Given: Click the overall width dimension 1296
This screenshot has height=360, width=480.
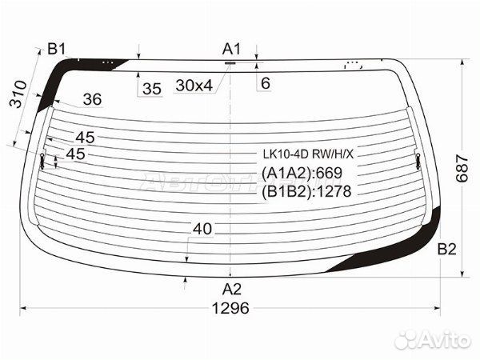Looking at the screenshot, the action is pyautogui.click(x=230, y=308).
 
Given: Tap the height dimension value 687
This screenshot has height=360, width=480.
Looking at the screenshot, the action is pyautogui.click(x=462, y=169).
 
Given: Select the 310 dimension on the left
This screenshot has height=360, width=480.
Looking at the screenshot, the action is pyautogui.click(x=18, y=94).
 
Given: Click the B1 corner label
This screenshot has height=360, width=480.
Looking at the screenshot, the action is pyautogui.click(x=57, y=49).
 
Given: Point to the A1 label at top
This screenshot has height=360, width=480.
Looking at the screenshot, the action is pyautogui.click(x=231, y=49).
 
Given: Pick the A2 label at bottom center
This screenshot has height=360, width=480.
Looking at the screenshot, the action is pyautogui.click(x=232, y=289).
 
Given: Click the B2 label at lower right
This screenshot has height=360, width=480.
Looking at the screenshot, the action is pyautogui.click(x=447, y=249).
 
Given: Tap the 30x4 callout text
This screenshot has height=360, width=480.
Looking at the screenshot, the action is pyautogui.click(x=194, y=86).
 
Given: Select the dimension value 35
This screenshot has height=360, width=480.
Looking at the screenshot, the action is pyautogui.click(x=152, y=89).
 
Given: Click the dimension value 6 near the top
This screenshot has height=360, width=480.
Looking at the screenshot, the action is pyautogui.click(x=266, y=83).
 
